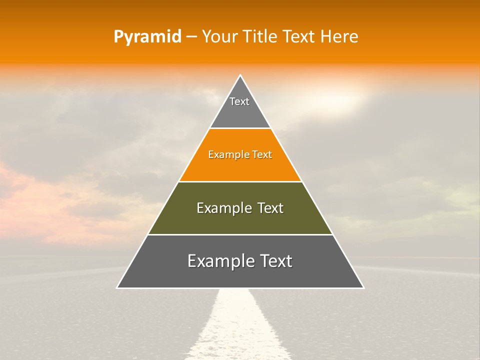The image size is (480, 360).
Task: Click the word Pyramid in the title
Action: pos(147,37)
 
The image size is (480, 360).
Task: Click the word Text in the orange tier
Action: pos(262,155)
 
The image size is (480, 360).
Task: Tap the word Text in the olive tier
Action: pos(270,208)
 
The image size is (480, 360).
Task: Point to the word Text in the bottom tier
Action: pos(276,261)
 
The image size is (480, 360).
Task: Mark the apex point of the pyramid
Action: pos(240,75)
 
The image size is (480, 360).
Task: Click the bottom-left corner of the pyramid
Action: pos(117,288)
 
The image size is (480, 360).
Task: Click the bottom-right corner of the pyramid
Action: pos(363,288)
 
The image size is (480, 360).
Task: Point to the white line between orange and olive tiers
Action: pos(240,181)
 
